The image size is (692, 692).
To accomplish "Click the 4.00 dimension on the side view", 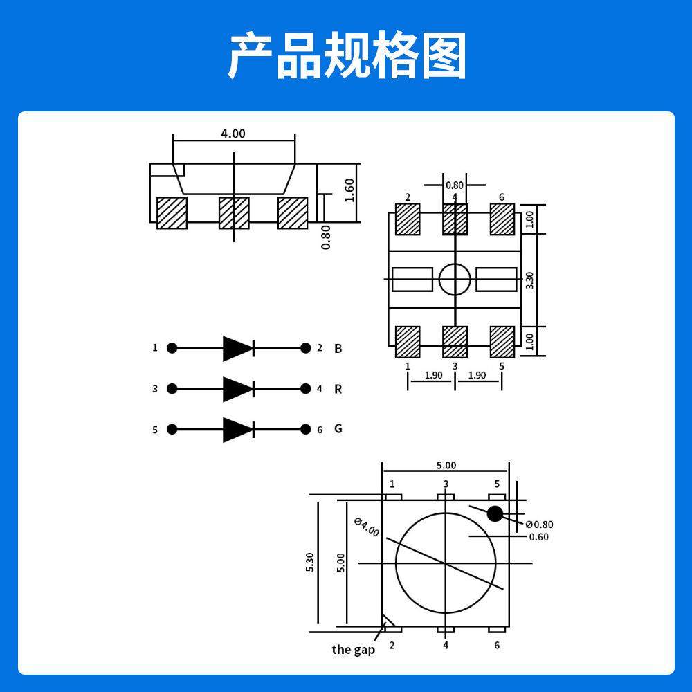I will (x=233, y=134).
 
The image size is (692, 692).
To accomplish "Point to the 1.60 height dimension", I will (x=349, y=190).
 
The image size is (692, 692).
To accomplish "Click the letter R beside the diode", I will (x=338, y=389).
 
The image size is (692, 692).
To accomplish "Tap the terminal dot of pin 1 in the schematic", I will (x=172, y=348).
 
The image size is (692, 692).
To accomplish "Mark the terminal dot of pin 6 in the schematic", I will (x=305, y=430).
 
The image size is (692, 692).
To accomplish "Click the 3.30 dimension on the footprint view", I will (x=530, y=280).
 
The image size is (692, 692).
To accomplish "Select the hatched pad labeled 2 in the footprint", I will (x=408, y=219).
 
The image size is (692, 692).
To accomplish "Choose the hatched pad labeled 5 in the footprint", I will (x=502, y=341).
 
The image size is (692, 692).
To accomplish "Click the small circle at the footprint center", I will (x=455, y=280).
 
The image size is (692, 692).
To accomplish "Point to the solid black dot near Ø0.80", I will (x=495, y=513).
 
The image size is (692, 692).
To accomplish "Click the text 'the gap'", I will (x=353, y=649).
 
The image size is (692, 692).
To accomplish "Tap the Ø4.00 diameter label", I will (x=366, y=527).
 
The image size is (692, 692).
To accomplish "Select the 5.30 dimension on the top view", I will (x=310, y=562).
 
